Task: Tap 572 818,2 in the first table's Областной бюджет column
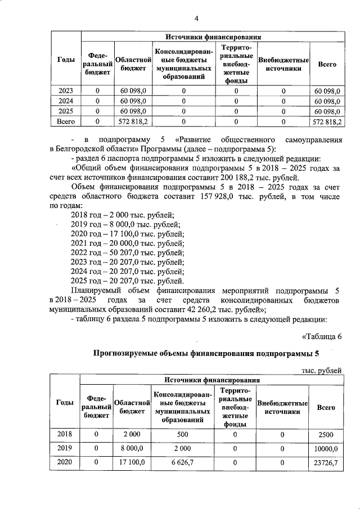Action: coord(133,121)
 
